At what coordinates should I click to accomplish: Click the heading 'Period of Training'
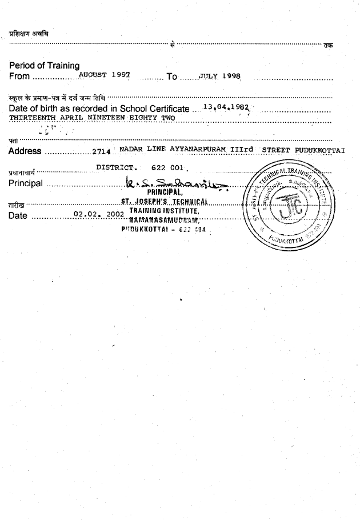coord(45,66)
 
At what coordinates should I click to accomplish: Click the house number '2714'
coord(101,151)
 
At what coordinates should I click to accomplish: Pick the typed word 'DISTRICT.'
coord(117,168)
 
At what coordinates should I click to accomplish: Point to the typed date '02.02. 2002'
coord(95,215)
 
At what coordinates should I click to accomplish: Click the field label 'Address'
coord(25,151)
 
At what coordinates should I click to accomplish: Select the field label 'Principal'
coord(26,183)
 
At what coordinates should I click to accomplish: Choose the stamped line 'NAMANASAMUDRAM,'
coord(163,220)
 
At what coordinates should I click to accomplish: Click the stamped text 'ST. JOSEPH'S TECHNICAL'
coord(163,201)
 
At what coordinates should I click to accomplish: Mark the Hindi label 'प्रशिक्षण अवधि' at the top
coord(29,33)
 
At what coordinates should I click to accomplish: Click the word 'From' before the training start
coord(19,76)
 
